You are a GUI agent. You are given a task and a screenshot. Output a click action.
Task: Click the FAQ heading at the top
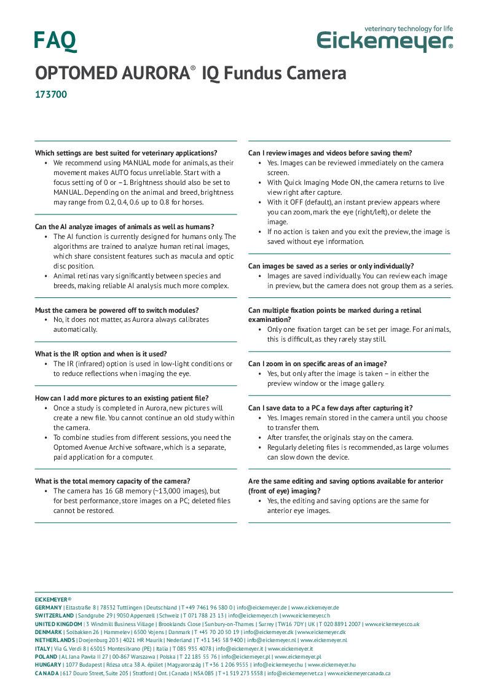(55, 41)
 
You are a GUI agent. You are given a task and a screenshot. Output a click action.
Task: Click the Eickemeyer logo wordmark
(385, 42)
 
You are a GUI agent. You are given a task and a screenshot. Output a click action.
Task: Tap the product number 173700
(51, 95)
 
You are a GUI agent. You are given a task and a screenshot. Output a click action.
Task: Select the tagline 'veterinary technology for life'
(408, 28)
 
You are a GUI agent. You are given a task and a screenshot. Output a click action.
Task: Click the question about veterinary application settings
(126, 153)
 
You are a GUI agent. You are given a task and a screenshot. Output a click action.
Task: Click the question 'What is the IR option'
(101, 354)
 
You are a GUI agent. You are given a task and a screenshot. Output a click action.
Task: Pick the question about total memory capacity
(112, 481)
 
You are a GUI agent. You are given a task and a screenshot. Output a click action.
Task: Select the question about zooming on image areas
(317, 364)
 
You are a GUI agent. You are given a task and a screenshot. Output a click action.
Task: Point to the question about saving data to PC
(330, 408)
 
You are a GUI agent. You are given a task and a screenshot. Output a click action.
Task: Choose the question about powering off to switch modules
(117, 310)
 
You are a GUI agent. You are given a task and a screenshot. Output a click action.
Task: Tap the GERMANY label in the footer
(49, 607)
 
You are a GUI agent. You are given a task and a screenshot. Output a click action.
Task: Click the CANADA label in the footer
(47, 673)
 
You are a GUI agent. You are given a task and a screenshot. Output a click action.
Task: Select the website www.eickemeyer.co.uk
(392, 624)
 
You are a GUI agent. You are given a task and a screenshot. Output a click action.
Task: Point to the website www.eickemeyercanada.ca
(358, 673)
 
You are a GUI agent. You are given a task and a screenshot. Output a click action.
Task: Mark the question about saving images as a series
(331, 266)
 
